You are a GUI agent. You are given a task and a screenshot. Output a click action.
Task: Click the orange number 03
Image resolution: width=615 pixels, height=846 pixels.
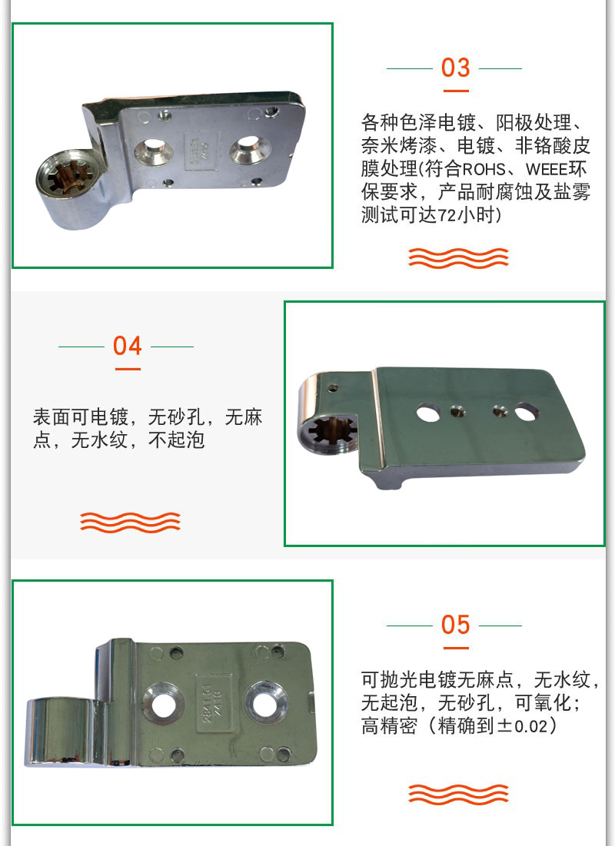coord(455,68)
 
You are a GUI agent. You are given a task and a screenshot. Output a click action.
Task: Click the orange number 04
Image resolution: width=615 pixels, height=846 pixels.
coord(128,346)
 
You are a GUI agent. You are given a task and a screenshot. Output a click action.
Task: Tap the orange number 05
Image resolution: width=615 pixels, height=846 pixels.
coord(455,625)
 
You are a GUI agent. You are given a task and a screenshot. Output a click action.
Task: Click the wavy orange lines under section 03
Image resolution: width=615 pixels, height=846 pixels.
coord(458,258)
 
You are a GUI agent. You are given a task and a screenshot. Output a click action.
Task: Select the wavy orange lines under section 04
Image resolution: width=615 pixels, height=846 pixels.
coord(130,523)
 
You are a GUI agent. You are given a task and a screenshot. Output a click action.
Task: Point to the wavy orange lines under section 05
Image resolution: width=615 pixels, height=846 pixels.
coord(458,795)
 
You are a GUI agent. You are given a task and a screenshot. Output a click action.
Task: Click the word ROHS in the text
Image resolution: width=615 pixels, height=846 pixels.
coord(484,169)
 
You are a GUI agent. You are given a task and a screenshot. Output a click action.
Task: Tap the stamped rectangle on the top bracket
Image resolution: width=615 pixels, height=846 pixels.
coord(201,151)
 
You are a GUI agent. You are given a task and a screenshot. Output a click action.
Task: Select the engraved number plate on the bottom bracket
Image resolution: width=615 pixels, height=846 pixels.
coord(211,702)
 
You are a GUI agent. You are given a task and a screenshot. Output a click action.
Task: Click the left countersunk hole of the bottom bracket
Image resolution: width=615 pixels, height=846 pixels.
coord(163,703)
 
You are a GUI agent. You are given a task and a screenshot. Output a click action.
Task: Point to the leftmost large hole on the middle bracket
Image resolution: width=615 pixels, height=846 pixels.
coord(427,413)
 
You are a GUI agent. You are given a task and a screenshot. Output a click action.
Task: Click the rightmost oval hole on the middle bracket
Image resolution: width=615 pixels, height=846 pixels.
coord(525,412)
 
